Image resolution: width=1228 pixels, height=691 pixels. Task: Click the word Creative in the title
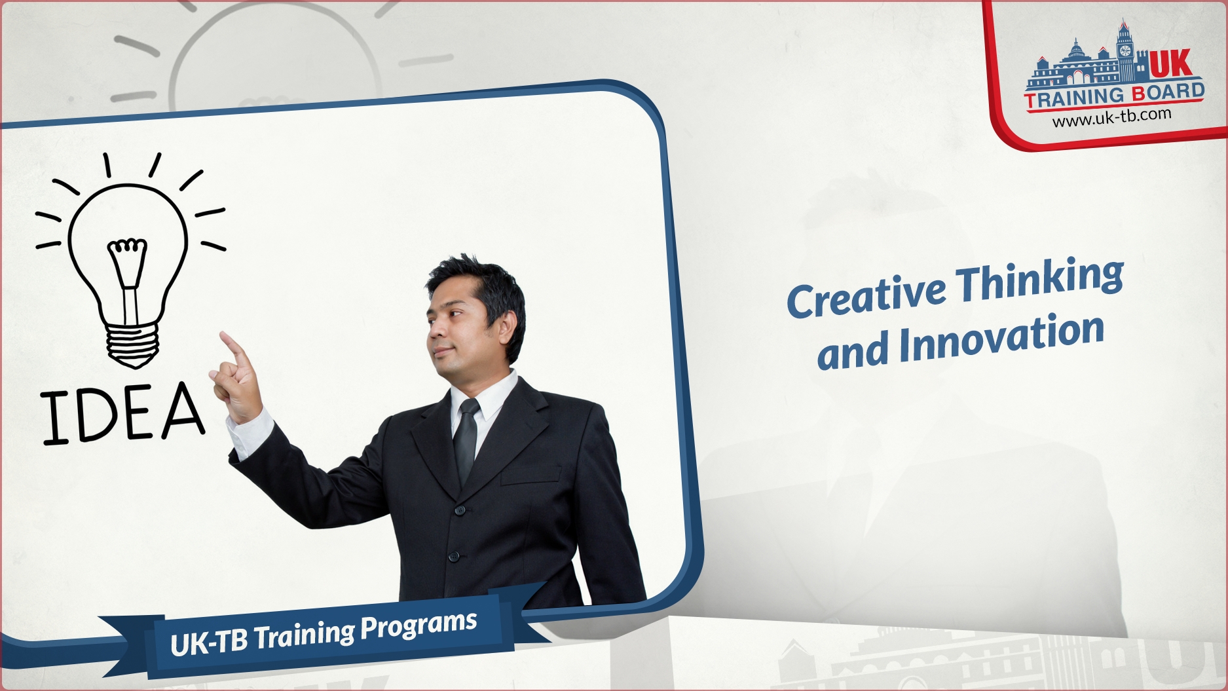[x=866, y=295]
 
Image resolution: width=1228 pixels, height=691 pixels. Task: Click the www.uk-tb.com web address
[x=1111, y=117]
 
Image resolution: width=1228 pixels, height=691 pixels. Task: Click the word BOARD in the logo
[x=1168, y=92]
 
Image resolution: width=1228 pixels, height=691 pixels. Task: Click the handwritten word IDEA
[x=123, y=413]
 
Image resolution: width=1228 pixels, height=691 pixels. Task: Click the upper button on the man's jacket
[x=460, y=510]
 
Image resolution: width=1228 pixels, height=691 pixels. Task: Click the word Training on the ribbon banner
[x=305, y=635]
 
